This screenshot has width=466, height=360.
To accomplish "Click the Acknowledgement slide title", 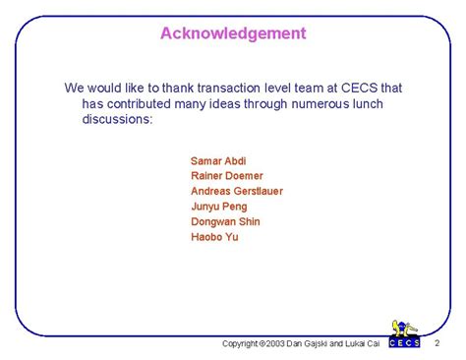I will click(x=233, y=33).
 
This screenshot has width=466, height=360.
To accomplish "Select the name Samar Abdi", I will click(x=217, y=160).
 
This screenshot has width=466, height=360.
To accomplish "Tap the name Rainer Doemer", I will click(x=227, y=176).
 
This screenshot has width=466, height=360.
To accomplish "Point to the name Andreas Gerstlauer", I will click(x=236, y=191).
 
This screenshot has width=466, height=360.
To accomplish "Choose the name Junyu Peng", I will click(x=219, y=207).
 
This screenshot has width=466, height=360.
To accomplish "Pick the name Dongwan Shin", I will click(x=224, y=221).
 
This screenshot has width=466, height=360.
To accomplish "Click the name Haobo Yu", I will click(x=214, y=237).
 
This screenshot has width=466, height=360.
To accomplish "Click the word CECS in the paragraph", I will click(x=347, y=88).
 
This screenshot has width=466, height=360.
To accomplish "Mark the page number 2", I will click(x=437, y=342).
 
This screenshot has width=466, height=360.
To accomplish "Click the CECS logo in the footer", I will click(x=404, y=333).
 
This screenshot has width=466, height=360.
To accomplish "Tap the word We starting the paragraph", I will click(x=75, y=88).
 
